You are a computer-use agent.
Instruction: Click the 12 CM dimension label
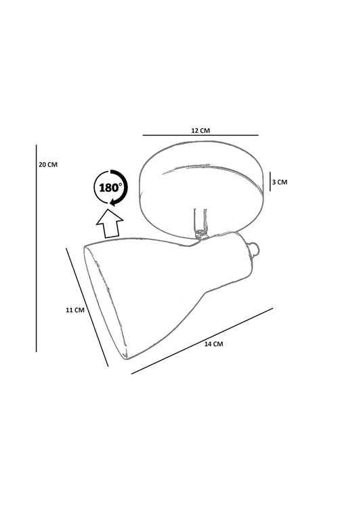[x=200, y=131]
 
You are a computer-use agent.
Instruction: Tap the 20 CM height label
[x=48, y=165]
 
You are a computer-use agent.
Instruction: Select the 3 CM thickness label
[x=280, y=182]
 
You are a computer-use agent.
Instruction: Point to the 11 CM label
[x=75, y=310]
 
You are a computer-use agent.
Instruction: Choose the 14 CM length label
[x=214, y=344]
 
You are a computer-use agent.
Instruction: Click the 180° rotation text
[x=111, y=187]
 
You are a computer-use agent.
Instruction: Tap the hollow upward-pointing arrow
[x=110, y=224]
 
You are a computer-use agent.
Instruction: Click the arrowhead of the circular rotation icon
[x=113, y=202]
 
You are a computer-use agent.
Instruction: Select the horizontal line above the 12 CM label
[x=200, y=135]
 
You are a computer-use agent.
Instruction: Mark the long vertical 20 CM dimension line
[x=37, y=248]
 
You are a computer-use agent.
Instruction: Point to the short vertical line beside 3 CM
[x=270, y=182]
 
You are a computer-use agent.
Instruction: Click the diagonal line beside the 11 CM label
[x=87, y=307]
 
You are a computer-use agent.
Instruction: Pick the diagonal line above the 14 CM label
[x=202, y=341]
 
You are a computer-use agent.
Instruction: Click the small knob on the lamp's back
[x=255, y=248]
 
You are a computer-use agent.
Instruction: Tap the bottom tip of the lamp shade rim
[x=125, y=357]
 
